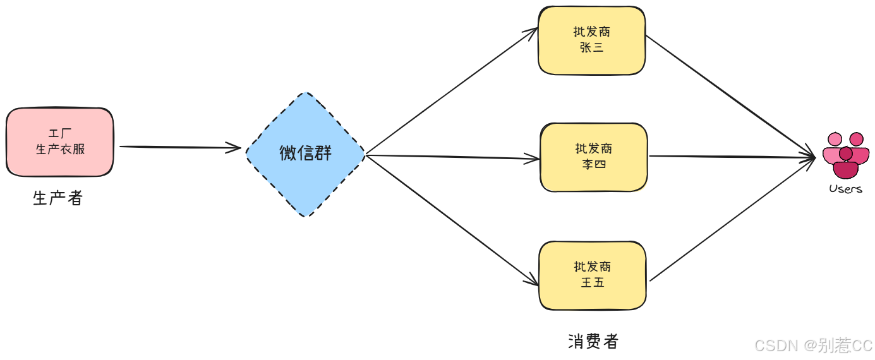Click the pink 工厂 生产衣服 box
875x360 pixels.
(x=60, y=142)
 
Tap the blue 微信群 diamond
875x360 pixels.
(x=306, y=154)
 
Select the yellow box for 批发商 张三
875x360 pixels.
(x=592, y=40)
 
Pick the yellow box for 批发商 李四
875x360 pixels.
(x=594, y=157)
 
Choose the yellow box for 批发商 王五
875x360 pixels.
(x=593, y=275)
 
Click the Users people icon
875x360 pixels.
(x=846, y=155)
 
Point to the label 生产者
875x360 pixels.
(x=57, y=198)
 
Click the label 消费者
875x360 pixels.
(x=593, y=342)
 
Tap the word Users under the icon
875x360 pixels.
(x=845, y=189)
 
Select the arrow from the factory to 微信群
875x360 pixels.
(x=180, y=147)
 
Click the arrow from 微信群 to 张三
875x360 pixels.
(x=452, y=91)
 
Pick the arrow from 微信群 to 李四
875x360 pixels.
(x=452, y=157)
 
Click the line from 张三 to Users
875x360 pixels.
(x=730, y=95)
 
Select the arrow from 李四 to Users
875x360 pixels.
(x=733, y=157)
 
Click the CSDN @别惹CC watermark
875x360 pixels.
(x=814, y=345)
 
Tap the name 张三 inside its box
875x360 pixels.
(x=592, y=47)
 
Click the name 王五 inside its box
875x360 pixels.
(x=593, y=282)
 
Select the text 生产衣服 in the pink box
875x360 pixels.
(x=61, y=149)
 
